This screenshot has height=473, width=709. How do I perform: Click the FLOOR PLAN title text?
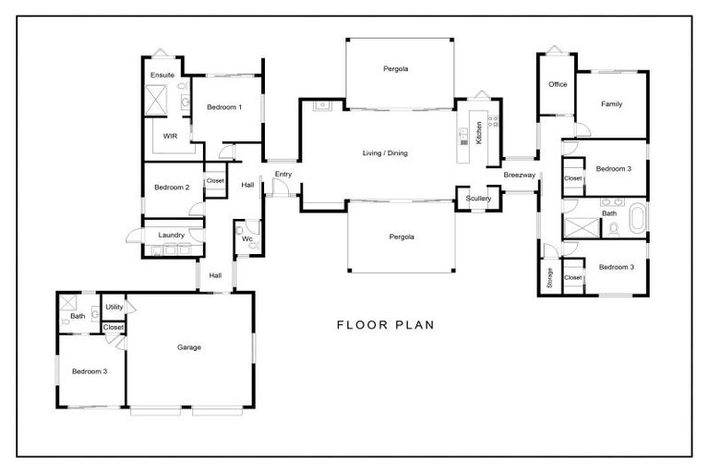point(385,325)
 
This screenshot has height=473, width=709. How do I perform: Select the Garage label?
point(189,347)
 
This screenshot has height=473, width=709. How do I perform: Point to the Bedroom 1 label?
point(224,107)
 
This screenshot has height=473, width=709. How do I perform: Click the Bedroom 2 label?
point(172,188)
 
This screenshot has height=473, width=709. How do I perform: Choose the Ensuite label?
point(162,75)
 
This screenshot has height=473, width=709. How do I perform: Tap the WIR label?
point(170,136)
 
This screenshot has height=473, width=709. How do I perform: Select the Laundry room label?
point(172,235)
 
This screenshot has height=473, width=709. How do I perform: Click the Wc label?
point(246,239)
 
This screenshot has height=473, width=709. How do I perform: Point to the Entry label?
point(282,174)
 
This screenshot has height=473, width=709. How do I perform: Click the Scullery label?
point(478,199)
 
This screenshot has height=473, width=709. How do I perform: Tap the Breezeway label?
point(518,175)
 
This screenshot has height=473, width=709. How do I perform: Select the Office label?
point(558,84)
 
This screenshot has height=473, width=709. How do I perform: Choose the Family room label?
point(611,104)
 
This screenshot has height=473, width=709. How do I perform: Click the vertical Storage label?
point(549,278)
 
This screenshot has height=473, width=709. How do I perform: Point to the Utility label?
point(114,307)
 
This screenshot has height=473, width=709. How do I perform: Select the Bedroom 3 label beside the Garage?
point(90,371)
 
